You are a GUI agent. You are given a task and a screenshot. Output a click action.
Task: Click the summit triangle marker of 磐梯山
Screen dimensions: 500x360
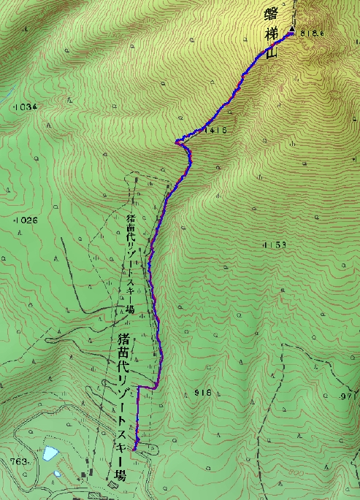(x=292, y=29)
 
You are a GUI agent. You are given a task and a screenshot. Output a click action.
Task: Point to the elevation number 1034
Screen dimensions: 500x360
(x=25, y=107)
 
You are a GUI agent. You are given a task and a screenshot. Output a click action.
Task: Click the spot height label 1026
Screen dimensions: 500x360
(x=25, y=220)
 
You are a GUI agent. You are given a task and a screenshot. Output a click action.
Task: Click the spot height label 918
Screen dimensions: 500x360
(x=203, y=393)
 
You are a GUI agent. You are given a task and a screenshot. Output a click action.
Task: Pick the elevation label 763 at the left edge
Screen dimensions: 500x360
(x=19, y=461)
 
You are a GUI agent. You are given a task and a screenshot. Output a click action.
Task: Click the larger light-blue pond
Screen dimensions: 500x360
(x=50, y=454)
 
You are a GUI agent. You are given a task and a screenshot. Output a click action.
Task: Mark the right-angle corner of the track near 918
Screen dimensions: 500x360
(x=158, y=385)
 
